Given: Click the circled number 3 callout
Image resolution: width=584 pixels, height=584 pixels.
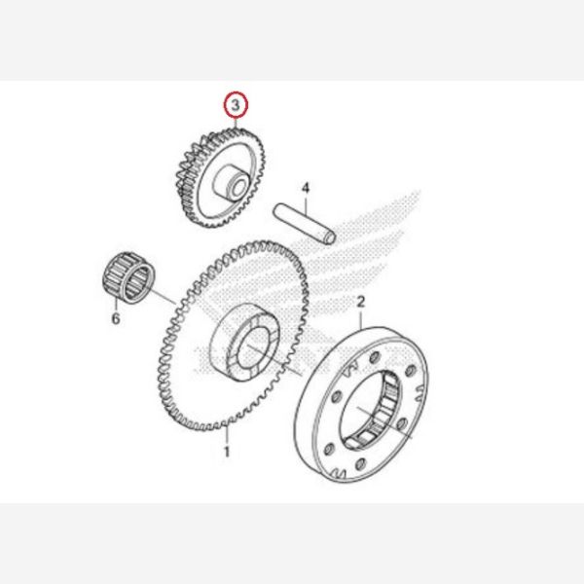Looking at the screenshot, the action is pos(236,105).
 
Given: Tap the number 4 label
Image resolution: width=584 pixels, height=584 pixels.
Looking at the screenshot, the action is pos(306,188).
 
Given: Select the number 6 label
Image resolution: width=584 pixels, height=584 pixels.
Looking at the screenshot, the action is pos(116,318).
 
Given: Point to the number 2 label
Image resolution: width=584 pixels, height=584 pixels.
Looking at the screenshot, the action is pos(361,302).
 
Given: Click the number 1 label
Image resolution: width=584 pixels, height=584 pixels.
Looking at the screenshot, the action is pos(227,452).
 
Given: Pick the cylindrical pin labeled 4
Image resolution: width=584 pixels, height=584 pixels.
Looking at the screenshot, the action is pos(305,224).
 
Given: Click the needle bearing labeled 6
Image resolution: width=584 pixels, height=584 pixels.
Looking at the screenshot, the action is pos(128,277).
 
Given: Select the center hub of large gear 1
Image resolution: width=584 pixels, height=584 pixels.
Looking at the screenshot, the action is pos(245,343).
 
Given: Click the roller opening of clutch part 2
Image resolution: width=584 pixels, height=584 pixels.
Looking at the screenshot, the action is pos(371,410).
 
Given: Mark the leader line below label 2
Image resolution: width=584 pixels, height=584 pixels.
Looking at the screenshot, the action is pos(361,319).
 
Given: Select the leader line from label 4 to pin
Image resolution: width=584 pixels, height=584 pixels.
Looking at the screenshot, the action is pos(306,206).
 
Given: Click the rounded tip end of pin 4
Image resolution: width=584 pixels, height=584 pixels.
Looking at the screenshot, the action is pos(331,238).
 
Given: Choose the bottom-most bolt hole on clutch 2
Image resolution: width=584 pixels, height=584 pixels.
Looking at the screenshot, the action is pos(360,464).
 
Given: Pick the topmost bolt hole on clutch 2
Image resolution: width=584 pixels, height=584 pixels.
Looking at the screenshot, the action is pos(373,357).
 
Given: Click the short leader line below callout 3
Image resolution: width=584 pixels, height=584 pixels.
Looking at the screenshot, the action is pos(236,124).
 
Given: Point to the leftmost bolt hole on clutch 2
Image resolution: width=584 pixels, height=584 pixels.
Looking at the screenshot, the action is pos(328,449).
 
